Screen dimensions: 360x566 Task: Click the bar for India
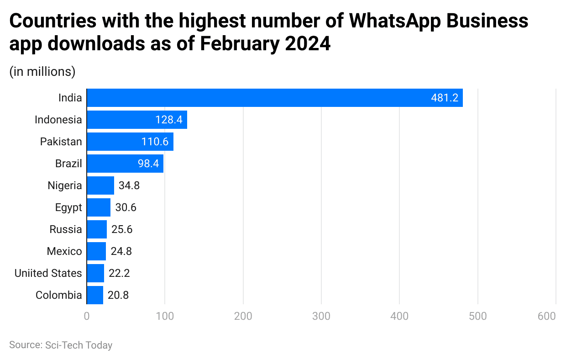[274, 98]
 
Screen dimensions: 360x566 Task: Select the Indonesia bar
[136, 120]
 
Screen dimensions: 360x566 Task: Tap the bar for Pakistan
[130, 142]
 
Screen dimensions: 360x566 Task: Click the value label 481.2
[444, 98]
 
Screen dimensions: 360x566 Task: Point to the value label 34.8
[129, 185]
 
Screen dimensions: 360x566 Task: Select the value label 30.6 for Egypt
[126, 207]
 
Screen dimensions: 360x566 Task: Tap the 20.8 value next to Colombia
[118, 295]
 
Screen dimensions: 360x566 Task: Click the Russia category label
[66, 229]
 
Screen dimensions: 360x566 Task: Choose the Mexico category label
[64, 251]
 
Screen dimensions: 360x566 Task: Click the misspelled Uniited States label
[48, 273]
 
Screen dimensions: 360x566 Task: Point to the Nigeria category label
[65, 185]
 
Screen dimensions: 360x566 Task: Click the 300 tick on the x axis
[321, 316]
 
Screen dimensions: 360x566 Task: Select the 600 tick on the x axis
[546, 316]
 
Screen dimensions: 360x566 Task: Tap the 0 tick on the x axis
[87, 316]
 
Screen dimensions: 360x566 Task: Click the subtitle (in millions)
[42, 71]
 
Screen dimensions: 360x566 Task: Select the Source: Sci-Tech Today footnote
[61, 345]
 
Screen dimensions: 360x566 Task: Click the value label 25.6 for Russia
[122, 229]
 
